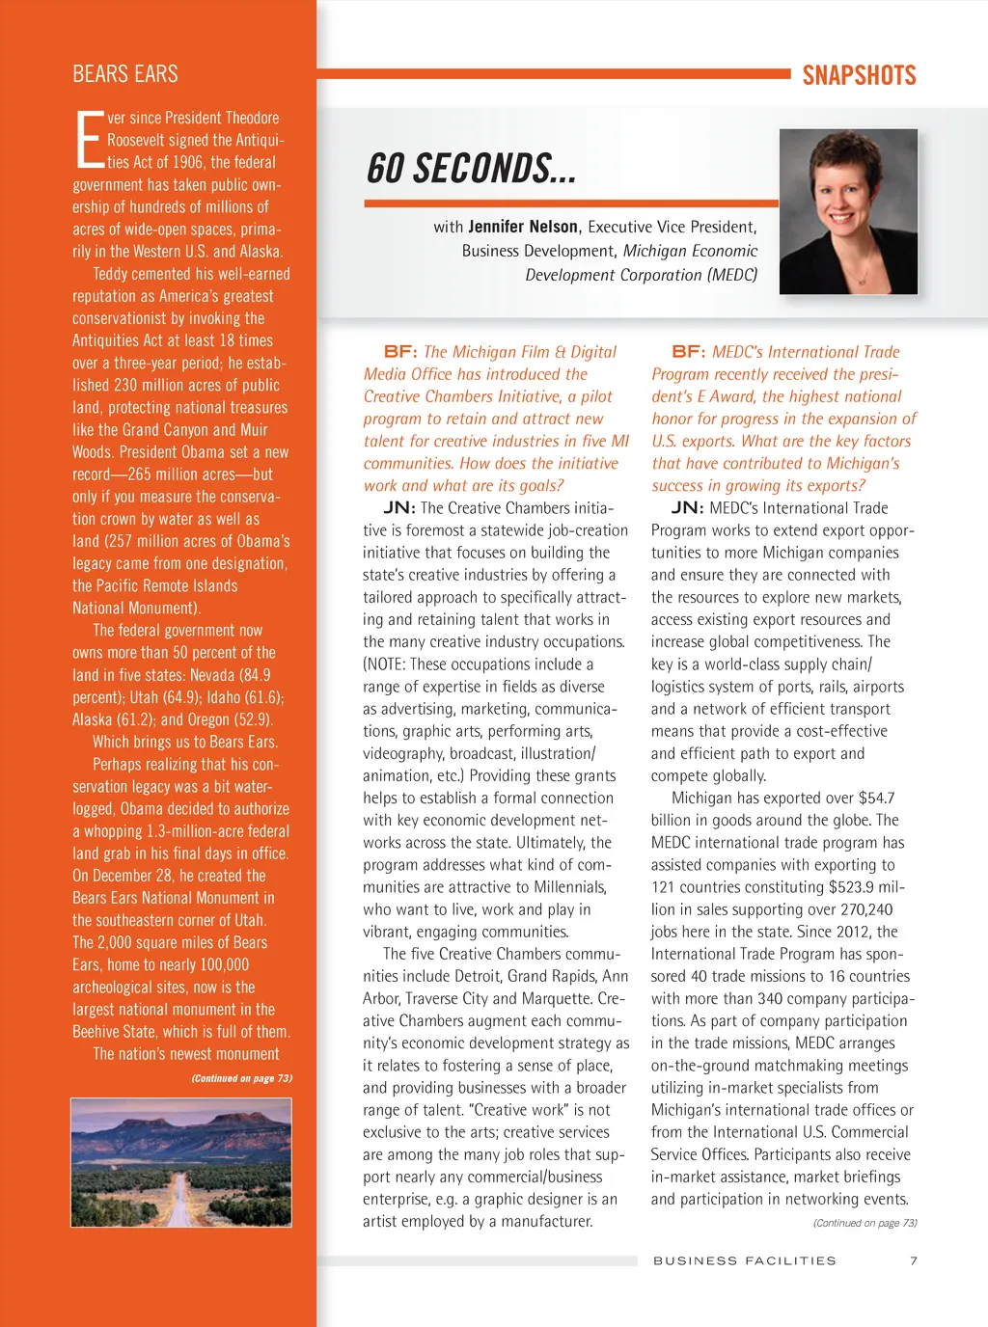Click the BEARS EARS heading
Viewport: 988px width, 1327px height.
click(125, 74)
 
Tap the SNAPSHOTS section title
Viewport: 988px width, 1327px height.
click(859, 75)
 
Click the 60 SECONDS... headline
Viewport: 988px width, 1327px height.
click(471, 169)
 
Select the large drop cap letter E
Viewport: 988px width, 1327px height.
click(88, 141)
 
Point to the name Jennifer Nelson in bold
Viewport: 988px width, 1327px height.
click(523, 227)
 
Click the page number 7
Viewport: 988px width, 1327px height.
click(914, 1260)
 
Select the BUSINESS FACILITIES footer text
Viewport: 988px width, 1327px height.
click(745, 1260)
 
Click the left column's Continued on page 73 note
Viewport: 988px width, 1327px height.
click(241, 1078)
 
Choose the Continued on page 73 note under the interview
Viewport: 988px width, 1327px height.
click(864, 1223)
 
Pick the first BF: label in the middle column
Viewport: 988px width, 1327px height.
click(400, 352)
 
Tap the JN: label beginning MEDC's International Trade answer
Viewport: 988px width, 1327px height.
click(687, 508)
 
